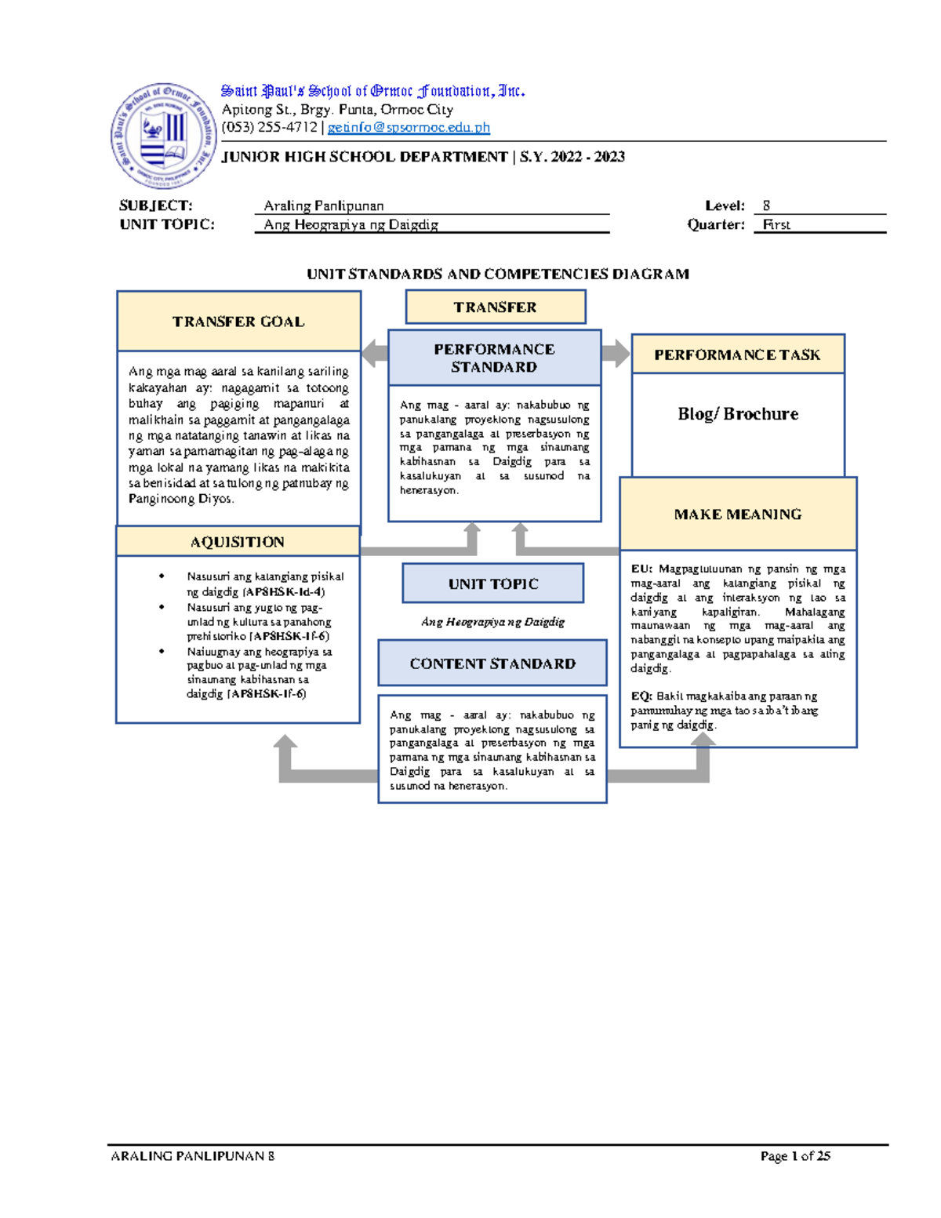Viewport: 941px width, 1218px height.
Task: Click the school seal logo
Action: (x=164, y=136)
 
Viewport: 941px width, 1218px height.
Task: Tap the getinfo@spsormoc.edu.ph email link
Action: (x=409, y=127)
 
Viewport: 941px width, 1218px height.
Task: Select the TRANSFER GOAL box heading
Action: (x=238, y=322)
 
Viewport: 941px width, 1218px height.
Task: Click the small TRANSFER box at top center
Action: (x=495, y=307)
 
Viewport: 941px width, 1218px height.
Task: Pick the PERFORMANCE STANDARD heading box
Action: (x=494, y=358)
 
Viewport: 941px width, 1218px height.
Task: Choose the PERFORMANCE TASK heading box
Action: (x=737, y=354)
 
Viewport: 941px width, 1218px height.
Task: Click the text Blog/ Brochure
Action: (x=738, y=414)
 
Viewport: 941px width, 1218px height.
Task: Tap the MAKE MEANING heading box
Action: (x=738, y=514)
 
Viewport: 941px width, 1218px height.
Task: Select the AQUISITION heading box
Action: (x=238, y=542)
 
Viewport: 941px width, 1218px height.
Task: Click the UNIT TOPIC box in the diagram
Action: (x=493, y=584)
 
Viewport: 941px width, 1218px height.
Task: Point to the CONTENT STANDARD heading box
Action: (x=492, y=664)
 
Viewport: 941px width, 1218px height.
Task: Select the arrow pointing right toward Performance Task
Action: (x=616, y=353)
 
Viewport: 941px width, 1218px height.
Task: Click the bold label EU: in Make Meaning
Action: (x=641, y=569)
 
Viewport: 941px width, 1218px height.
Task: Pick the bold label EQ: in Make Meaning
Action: (x=641, y=696)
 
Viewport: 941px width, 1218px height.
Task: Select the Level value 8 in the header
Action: (x=766, y=205)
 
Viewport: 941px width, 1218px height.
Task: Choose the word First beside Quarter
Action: (x=776, y=224)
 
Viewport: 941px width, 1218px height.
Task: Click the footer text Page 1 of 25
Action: (x=795, y=1156)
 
